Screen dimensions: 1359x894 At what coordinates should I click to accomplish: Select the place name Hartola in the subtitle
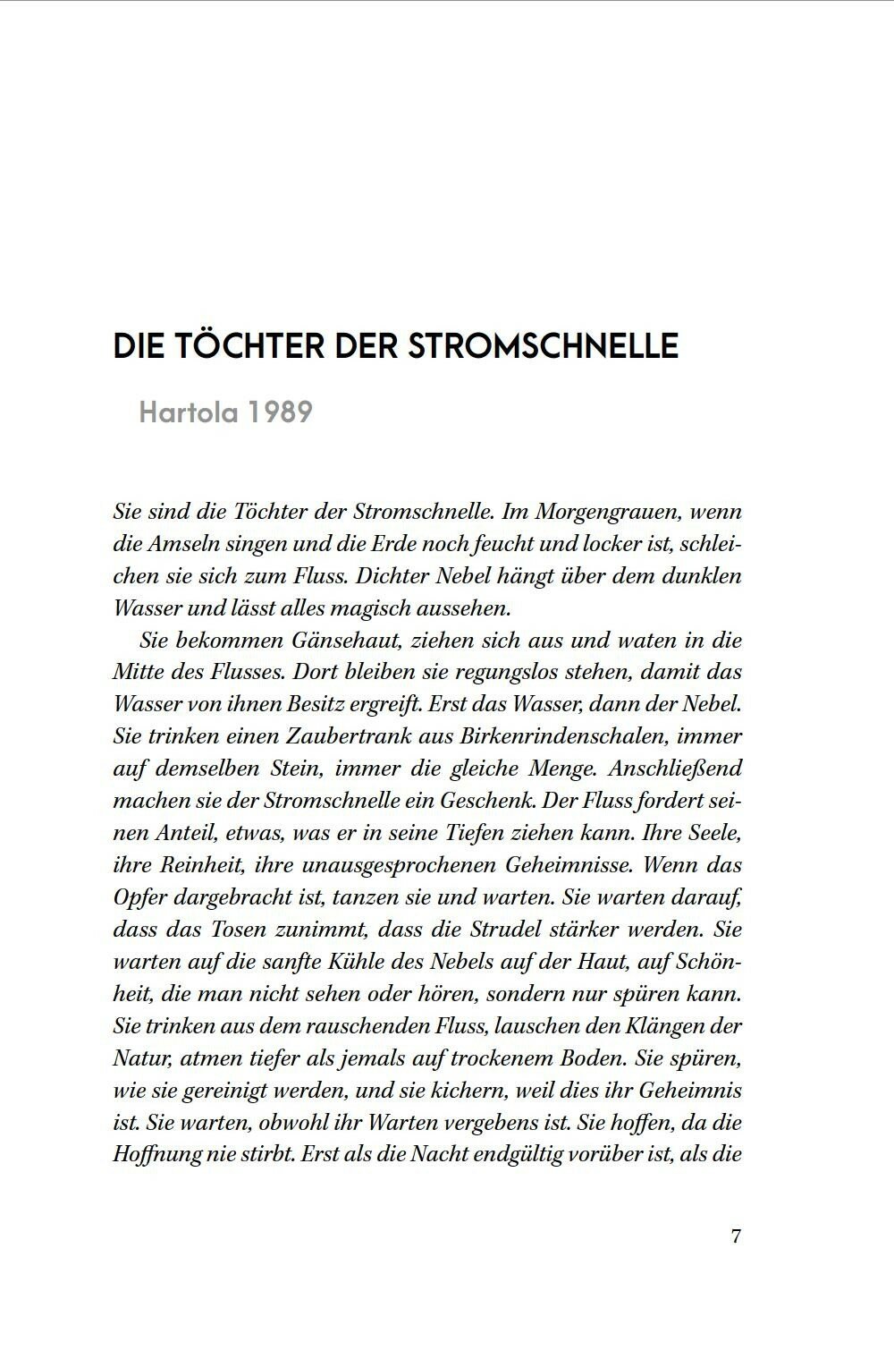(x=186, y=412)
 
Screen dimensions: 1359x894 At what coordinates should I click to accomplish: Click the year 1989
(x=279, y=412)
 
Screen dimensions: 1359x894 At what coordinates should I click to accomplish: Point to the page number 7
(x=736, y=1236)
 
